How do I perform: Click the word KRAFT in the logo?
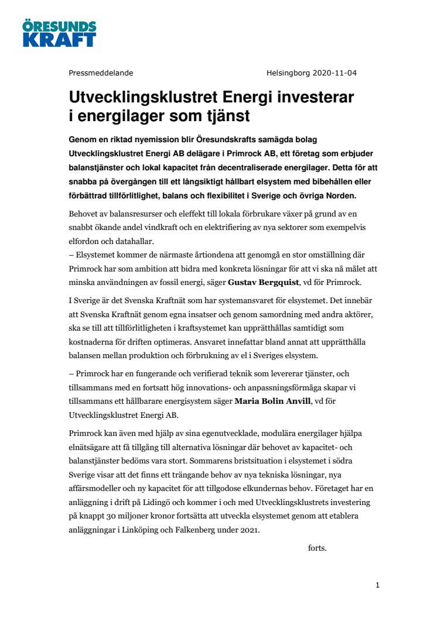(60, 39)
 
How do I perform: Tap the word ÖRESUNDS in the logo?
(60, 26)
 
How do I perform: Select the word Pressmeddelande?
(101, 73)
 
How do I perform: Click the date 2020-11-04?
(334, 73)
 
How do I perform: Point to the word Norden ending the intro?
(348, 195)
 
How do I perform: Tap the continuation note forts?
(317, 548)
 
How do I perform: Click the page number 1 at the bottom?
(378, 585)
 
